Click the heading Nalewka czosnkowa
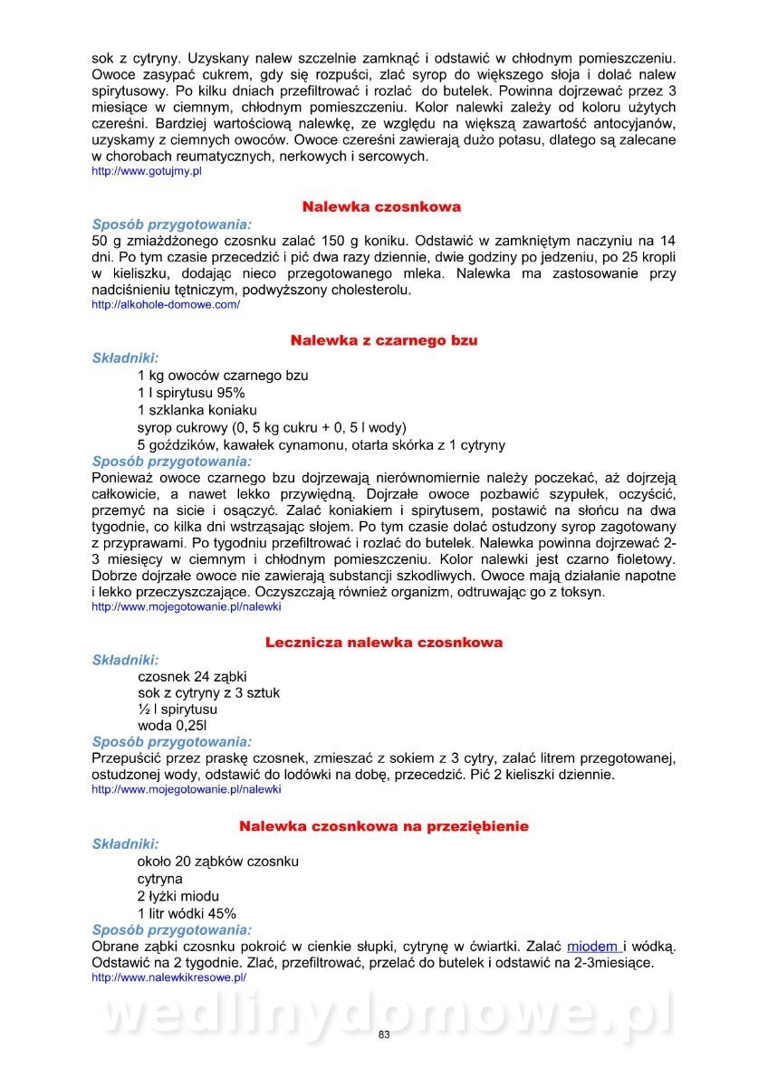[x=381, y=207]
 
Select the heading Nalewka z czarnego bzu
[x=384, y=340]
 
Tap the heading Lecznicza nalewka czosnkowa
[x=384, y=643]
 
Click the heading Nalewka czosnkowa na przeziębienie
[x=384, y=826]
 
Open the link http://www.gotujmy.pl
[x=147, y=171]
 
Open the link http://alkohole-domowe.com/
[x=166, y=305]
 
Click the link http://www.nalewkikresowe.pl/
[x=169, y=977]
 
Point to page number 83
[x=384, y=1035]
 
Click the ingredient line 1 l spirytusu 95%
[x=191, y=393]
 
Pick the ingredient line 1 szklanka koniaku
[x=197, y=410]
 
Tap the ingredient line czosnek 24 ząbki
[x=192, y=676]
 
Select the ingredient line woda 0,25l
[x=172, y=726]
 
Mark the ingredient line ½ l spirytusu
[x=178, y=710]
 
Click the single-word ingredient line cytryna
[x=160, y=879]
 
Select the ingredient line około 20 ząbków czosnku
[x=218, y=862]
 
